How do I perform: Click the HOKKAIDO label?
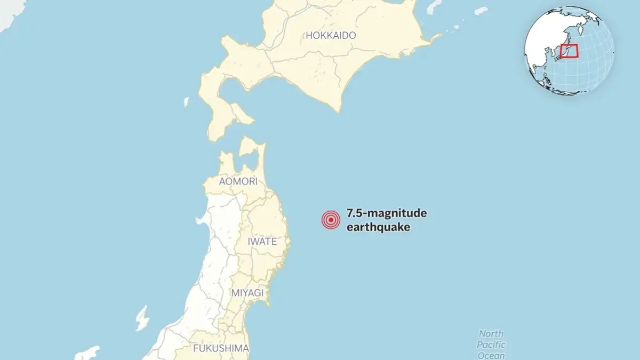click(331, 35)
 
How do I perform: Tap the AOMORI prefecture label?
click(238, 181)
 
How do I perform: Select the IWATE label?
click(262, 241)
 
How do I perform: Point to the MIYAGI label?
click(247, 293)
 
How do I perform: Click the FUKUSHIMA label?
click(221, 348)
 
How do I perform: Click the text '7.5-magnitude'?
click(387, 214)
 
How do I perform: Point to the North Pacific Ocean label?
click(491, 345)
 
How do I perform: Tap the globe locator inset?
click(569, 51)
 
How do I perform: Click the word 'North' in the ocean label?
click(491, 334)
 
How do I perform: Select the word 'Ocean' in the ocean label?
click(491, 355)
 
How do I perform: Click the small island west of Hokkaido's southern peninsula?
click(187, 101)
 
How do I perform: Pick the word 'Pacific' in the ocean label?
click(491, 345)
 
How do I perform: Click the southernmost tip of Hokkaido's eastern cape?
click(338, 111)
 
